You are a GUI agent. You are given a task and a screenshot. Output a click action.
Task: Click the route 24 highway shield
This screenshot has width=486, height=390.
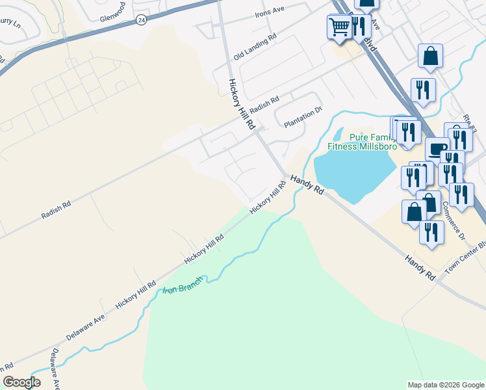pyautogui.click(x=141, y=20)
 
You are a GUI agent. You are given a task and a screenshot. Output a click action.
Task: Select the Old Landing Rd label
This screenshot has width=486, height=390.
pyautogui.click(x=255, y=45)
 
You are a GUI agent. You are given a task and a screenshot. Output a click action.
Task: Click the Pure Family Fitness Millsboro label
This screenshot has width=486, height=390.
pyautogui.click(x=361, y=142)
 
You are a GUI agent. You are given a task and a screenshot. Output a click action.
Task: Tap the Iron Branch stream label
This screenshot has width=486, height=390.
pyautogui.click(x=183, y=285)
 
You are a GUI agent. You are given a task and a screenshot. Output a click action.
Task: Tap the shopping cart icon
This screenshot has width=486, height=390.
pyautogui.click(x=339, y=27)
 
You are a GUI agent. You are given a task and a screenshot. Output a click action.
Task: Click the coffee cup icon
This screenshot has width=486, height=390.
pyautogui.click(x=437, y=149)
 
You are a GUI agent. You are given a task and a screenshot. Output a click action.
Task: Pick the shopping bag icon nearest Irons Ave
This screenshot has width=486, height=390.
pyautogui.click(x=366, y=3)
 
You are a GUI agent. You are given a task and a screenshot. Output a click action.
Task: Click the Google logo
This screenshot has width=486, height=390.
pyautogui.click(x=21, y=382)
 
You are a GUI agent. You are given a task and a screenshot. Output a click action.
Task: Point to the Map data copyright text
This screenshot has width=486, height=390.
pyautogui.click(x=445, y=385)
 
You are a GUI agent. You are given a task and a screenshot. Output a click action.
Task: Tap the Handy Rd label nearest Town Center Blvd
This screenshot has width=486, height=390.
pyautogui.click(x=420, y=267)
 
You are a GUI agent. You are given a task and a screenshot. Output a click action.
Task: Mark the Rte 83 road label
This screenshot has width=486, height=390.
pyautogui.click(x=470, y=122)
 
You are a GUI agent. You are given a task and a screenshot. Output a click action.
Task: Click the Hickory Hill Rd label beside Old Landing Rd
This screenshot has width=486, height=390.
pyautogui.click(x=238, y=103)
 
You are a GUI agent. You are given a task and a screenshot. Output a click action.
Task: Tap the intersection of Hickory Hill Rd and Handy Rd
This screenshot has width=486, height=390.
pyautogui.click(x=285, y=176)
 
